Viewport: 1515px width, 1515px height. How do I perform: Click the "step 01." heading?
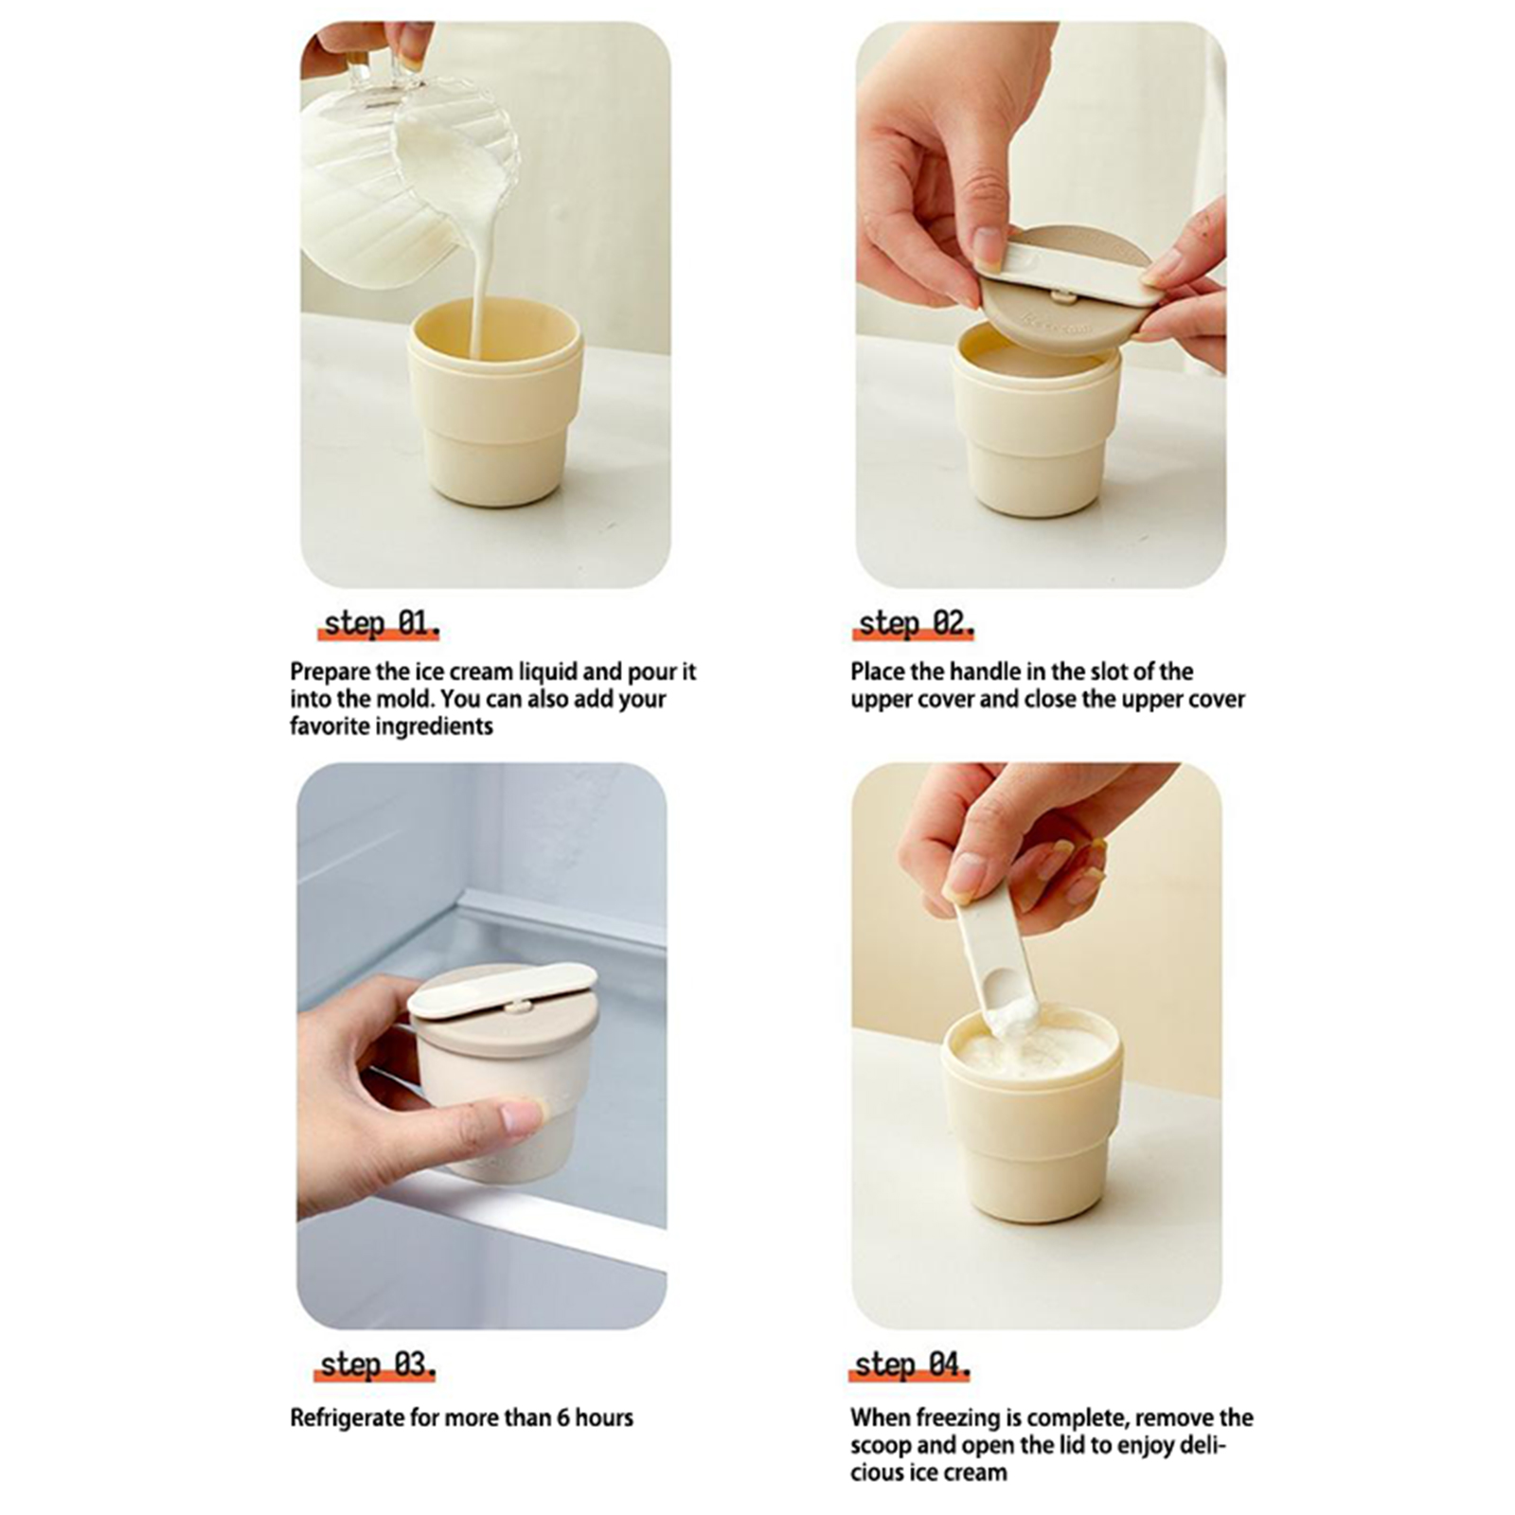[x=382, y=623]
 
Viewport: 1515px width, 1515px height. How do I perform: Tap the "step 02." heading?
[x=916, y=623]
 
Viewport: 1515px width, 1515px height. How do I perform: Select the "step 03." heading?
[x=378, y=1364]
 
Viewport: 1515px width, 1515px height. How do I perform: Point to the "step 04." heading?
[x=912, y=1364]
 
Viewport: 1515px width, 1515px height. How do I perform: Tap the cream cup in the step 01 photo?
[x=495, y=402]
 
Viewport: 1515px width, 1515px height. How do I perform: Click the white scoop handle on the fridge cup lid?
[x=502, y=989]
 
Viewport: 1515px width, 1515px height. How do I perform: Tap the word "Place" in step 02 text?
[x=878, y=671]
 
